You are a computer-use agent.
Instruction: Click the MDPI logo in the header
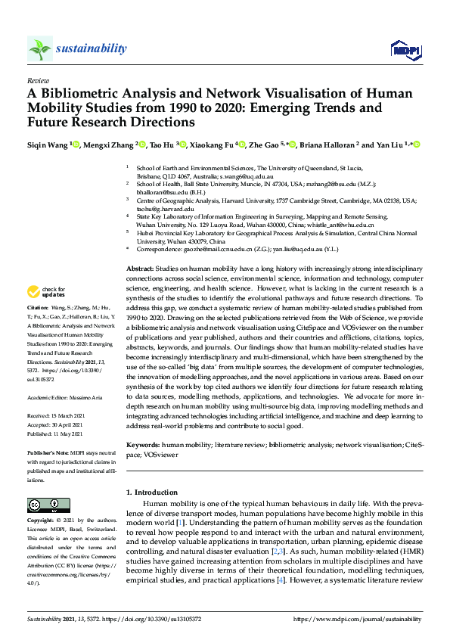pyautogui.click(x=405, y=49)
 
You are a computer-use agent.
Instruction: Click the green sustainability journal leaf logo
pyautogui.click(x=40, y=49)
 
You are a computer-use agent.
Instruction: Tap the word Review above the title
pyautogui.click(x=37, y=79)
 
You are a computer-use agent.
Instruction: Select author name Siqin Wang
pyautogui.click(x=47, y=144)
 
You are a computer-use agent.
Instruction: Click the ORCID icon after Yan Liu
pyautogui.click(x=416, y=144)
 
